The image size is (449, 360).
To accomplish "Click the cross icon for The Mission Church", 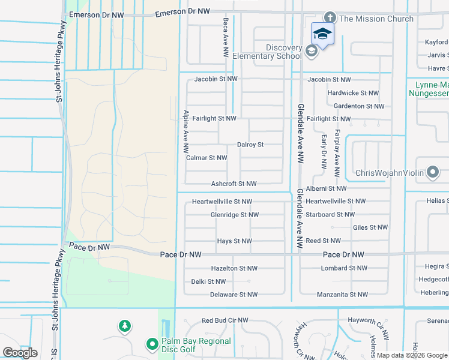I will [330, 19].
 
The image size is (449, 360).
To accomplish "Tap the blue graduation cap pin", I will [322, 34].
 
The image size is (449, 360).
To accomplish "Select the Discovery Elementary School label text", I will [284, 52].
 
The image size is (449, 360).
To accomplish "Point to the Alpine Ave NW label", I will [186, 131].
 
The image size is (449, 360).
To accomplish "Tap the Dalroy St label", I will [250, 145].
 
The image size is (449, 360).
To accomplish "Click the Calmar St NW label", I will [206, 158].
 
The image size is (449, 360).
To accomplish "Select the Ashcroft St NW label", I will [234, 184].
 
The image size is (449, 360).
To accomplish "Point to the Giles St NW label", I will [370, 227].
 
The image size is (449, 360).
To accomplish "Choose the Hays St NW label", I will [234, 241].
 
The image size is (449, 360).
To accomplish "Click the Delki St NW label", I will [208, 281].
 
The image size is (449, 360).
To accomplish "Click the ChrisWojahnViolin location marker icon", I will [433, 173].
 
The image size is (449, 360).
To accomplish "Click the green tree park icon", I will [125, 326].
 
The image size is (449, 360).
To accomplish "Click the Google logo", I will [20, 353].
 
